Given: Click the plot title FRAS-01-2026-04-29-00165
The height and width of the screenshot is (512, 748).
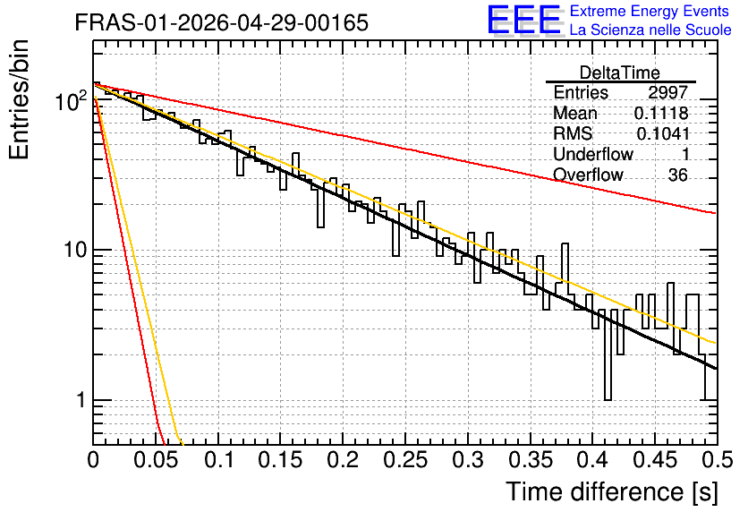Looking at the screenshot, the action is click(222, 22).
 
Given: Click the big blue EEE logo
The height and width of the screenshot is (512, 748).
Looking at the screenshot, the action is click(523, 20).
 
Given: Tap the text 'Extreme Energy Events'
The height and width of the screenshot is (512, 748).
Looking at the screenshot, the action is click(650, 11).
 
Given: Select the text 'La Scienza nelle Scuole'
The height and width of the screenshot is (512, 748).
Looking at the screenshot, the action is click(650, 30).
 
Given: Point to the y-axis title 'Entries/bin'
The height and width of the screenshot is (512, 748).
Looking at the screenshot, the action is click(19, 99).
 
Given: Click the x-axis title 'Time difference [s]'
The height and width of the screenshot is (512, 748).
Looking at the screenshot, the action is click(612, 491).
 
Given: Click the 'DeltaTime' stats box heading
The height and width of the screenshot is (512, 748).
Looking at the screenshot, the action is click(620, 73).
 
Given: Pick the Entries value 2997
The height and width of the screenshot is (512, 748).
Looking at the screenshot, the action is click(667, 92).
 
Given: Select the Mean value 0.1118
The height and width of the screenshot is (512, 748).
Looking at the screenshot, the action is click(661, 113).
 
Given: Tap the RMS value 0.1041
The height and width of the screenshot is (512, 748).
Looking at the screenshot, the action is click(663, 133).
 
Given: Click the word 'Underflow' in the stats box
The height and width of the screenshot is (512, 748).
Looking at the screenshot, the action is click(593, 154).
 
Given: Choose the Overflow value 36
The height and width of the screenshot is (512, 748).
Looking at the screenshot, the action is click(678, 175).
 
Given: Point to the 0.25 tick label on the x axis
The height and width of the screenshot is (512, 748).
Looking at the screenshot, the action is click(405, 460).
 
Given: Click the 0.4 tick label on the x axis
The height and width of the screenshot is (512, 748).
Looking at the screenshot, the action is click(592, 460).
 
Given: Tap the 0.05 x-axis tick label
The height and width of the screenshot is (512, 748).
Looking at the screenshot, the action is click(156, 460).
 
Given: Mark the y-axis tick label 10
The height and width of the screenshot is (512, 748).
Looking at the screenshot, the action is click(75, 250).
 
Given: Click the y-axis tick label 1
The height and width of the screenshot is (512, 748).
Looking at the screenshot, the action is click(81, 400).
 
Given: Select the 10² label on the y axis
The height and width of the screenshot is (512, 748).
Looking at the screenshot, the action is click(72, 100).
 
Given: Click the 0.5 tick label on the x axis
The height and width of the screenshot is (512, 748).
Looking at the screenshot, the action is click(718, 460).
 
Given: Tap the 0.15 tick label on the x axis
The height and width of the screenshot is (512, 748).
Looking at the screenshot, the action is click(281, 460).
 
